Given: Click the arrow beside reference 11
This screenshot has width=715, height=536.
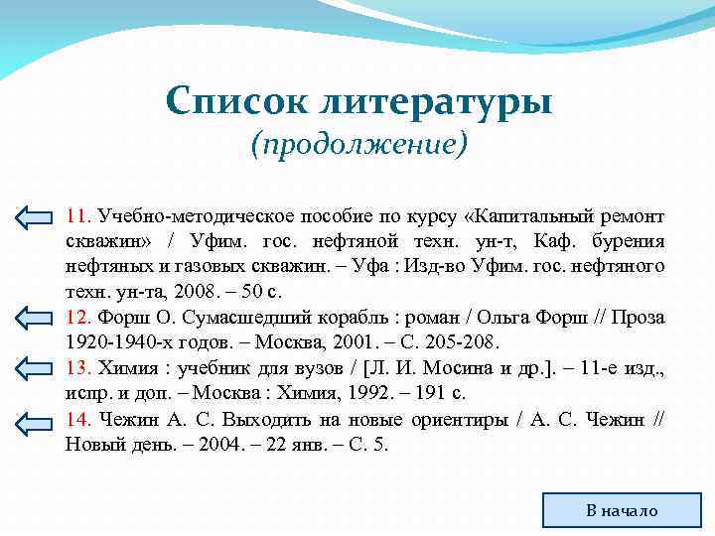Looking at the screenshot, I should pos(38,216).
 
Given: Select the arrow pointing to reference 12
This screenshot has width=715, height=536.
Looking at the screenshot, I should pos(38,318).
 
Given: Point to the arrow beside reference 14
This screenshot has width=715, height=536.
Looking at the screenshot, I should pos(38,420).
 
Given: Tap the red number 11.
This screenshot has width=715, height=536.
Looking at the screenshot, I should pos(77,215).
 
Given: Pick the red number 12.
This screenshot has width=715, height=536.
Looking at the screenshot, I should pos(77,318).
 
